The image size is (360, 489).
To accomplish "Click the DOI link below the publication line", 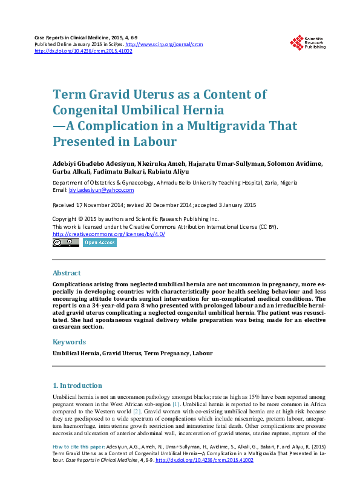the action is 83,51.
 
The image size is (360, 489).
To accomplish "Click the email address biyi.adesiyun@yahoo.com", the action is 100,190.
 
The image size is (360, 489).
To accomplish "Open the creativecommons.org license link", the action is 109,234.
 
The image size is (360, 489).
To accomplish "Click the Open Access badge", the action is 100,243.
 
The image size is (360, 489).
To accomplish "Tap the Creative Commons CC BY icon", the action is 66,243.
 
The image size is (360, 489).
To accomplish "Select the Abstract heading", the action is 67,273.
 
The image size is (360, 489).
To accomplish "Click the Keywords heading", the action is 69,342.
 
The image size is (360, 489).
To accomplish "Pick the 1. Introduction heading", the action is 77,386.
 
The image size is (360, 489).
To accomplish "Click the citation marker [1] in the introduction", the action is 175,404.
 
